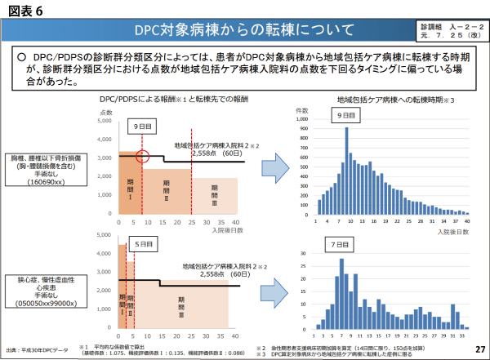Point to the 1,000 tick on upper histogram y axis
(302, 118)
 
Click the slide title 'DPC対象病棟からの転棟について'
(245, 31)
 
